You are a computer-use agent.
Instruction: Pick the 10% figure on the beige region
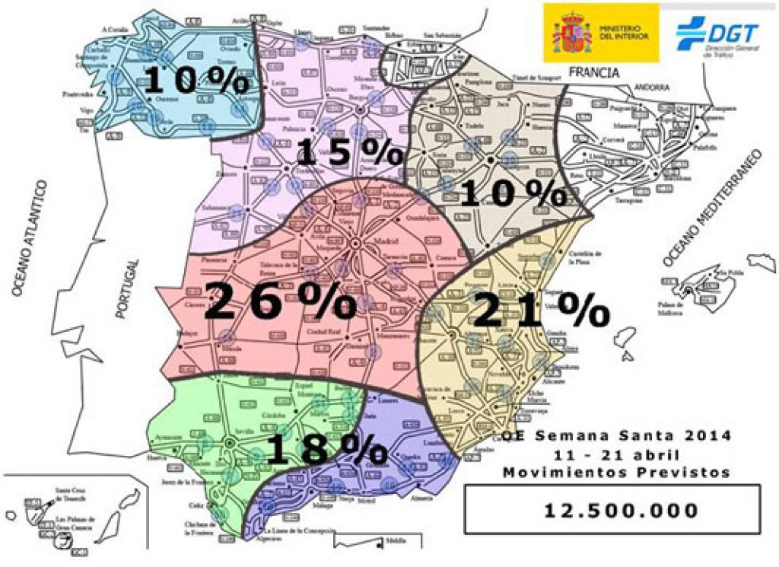513,195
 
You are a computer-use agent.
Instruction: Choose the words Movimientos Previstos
616,472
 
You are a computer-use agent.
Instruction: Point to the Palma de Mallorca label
673,307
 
